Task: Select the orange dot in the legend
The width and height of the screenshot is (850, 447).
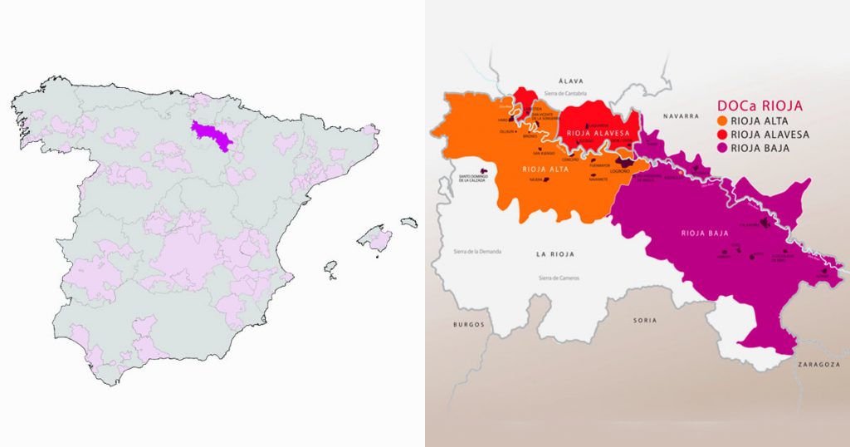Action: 721,120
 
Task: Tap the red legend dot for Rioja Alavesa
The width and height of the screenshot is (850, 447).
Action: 721,135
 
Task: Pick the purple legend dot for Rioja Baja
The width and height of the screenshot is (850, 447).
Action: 721,148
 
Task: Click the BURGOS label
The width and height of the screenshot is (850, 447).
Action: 468,324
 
